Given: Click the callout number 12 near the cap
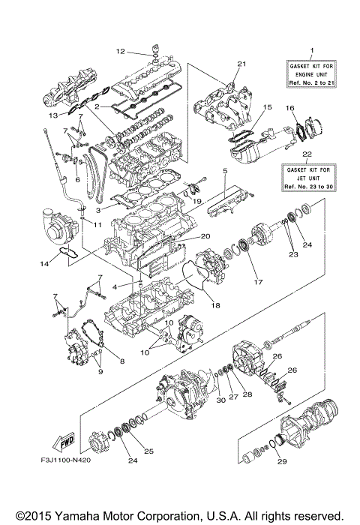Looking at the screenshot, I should pyautogui.click(x=120, y=52).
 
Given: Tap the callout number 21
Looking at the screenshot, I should pyautogui.click(x=241, y=63).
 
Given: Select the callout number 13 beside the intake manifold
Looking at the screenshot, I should pyautogui.click(x=53, y=117).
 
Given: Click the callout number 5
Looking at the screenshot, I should pyautogui.click(x=224, y=172).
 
